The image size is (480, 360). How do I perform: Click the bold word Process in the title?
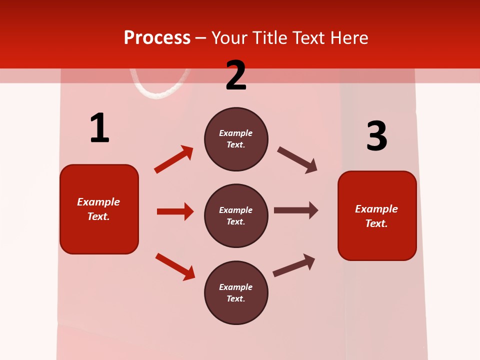(157, 37)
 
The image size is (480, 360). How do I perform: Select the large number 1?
(99, 128)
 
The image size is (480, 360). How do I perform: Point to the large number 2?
(236, 75)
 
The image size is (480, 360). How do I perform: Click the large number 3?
(376, 136)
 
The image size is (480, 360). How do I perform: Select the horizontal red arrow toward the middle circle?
(175, 211)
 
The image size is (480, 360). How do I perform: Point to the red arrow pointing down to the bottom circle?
(175, 266)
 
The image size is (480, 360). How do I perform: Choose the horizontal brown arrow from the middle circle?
(295, 210)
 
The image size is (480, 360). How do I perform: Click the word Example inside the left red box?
(98, 202)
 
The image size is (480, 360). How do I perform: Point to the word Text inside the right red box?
(376, 223)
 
